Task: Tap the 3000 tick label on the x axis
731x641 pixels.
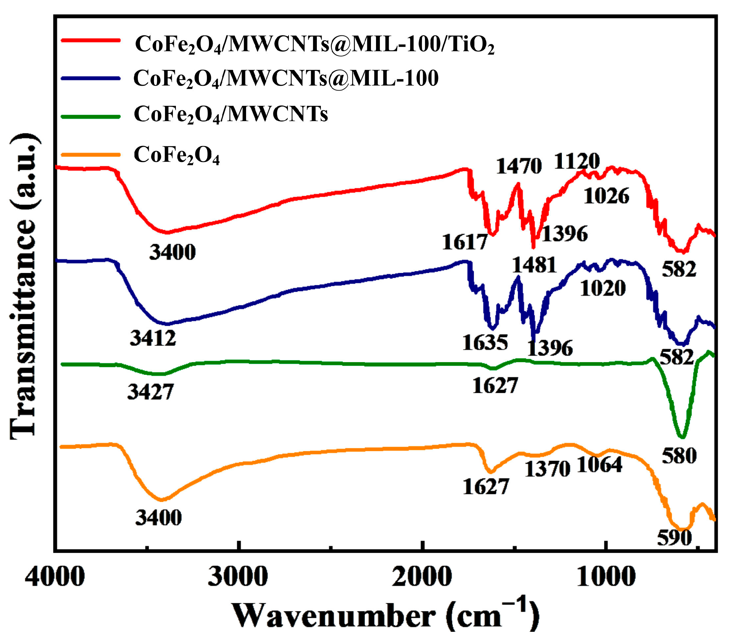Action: (x=238, y=577)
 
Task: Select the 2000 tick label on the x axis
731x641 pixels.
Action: (x=422, y=577)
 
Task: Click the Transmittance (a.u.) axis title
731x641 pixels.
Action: (x=23, y=286)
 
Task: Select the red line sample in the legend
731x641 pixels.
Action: (x=90, y=40)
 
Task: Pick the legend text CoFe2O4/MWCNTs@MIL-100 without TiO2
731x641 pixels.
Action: (x=286, y=78)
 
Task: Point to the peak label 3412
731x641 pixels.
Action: (x=153, y=338)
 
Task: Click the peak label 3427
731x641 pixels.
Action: (x=150, y=392)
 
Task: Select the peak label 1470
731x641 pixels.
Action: (x=519, y=166)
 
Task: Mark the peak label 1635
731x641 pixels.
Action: (x=485, y=343)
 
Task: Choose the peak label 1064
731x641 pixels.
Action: (x=600, y=465)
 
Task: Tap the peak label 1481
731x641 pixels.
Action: (x=534, y=265)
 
